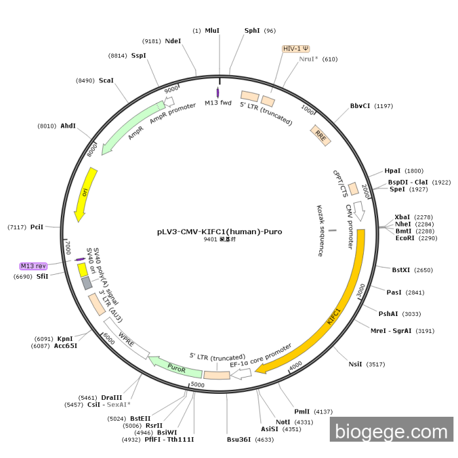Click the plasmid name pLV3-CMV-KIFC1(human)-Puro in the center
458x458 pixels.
220,232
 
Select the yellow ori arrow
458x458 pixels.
85,194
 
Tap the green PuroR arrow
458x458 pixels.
175,367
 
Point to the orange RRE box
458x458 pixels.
321,135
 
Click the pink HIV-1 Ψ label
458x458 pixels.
296,48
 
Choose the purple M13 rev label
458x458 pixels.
33,266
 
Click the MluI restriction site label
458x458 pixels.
212,31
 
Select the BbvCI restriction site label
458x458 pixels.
360,106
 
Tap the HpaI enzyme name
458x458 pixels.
393,171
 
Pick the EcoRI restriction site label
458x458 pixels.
405,238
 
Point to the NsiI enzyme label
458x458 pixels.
355,364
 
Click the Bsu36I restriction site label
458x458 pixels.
239,439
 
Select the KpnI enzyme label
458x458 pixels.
65,338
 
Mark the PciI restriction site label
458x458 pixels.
37,227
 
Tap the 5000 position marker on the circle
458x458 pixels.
198,385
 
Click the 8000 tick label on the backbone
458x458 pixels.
92,150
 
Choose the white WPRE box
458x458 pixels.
127,338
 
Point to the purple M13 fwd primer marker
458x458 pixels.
218,93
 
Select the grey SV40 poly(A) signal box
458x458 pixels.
87,283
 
